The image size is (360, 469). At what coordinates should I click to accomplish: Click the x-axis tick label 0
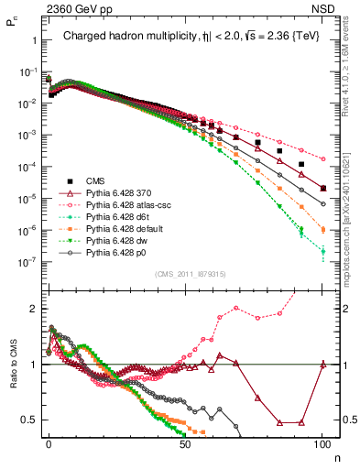click(x=49, y=442)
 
